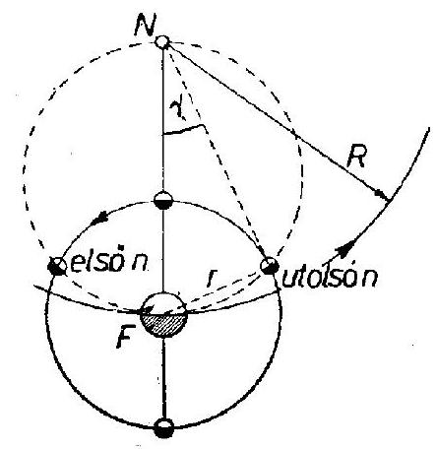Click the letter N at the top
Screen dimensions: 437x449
click(x=145, y=26)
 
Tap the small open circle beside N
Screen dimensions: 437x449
click(x=162, y=42)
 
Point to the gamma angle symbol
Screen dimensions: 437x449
click(x=177, y=109)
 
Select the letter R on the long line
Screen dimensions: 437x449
click(x=356, y=157)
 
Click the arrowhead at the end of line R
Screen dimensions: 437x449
click(x=383, y=194)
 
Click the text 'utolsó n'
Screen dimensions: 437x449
click(x=330, y=278)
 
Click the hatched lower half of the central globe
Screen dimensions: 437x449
click(x=163, y=324)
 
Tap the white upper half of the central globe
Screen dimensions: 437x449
click(x=163, y=303)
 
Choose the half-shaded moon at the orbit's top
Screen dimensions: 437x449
click(x=163, y=200)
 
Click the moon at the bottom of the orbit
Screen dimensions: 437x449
click(x=163, y=428)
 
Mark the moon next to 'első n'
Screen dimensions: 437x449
click(x=56, y=266)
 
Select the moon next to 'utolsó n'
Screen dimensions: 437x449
click(x=270, y=265)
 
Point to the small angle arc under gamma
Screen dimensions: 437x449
click(x=184, y=129)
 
